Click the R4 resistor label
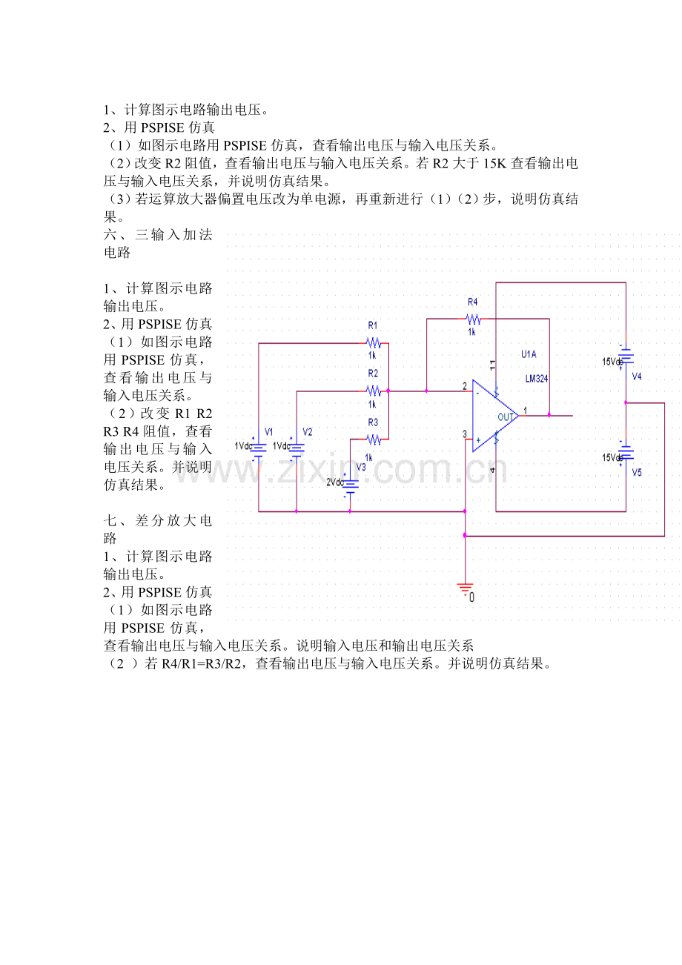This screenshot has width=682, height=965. (x=472, y=302)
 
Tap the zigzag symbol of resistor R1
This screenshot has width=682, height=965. (x=374, y=343)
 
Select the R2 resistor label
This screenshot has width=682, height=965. (x=373, y=373)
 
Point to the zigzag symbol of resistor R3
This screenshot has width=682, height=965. (x=374, y=440)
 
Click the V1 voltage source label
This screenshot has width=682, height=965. (x=269, y=431)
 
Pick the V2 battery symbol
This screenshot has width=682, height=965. (x=297, y=450)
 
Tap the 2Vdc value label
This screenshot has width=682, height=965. (x=335, y=482)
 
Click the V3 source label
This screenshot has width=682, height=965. (x=361, y=468)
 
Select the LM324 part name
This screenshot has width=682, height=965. (x=537, y=379)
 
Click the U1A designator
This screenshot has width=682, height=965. (x=529, y=354)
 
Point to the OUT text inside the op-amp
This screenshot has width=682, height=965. (x=505, y=417)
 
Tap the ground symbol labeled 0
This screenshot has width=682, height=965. (x=466, y=589)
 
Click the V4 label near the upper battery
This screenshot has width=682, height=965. (x=637, y=377)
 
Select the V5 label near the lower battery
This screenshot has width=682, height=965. (x=637, y=473)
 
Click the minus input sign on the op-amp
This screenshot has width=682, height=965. (x=477, y=393)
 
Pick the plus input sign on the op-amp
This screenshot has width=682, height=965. (x=478, y=440)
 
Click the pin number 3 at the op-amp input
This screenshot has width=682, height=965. (x=465, y=434)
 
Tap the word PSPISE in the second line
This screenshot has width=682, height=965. (x=162, y=127)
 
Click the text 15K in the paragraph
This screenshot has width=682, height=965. (x=494, y=163)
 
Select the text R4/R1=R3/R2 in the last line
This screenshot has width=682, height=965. (x=201, y=663)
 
